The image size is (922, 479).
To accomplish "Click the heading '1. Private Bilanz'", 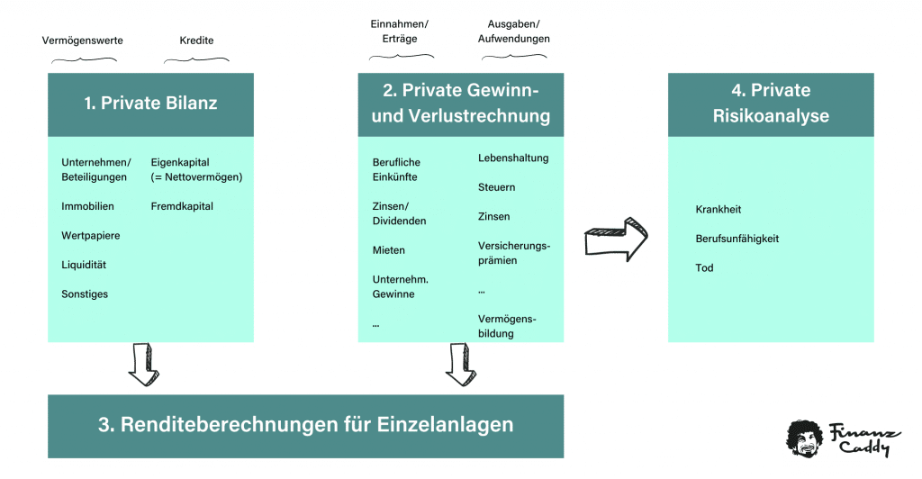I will [150, 103].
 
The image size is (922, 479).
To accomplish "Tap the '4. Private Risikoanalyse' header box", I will [771, 103].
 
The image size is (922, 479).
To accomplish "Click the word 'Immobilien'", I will [87, 206].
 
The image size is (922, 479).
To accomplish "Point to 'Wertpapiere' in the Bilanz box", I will [90, 236].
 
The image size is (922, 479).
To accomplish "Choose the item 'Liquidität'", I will [85, 265].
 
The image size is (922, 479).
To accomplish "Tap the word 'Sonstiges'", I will [85, 294].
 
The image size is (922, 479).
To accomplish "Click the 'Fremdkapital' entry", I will [180, 206].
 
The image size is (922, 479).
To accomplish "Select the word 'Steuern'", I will [496, 187].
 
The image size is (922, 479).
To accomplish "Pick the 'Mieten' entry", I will [389, 250].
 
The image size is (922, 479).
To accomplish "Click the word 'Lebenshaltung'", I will [513, 158].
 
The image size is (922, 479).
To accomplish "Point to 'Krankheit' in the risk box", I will [719, 210].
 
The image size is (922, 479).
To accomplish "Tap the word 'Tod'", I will [704, 268].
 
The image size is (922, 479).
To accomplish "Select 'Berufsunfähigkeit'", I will [737, 239].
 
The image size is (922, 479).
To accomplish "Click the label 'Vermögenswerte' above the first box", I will [83, 41].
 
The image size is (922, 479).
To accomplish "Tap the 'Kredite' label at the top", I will [197, 41].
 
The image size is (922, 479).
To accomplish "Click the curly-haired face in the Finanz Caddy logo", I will [804, 438].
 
